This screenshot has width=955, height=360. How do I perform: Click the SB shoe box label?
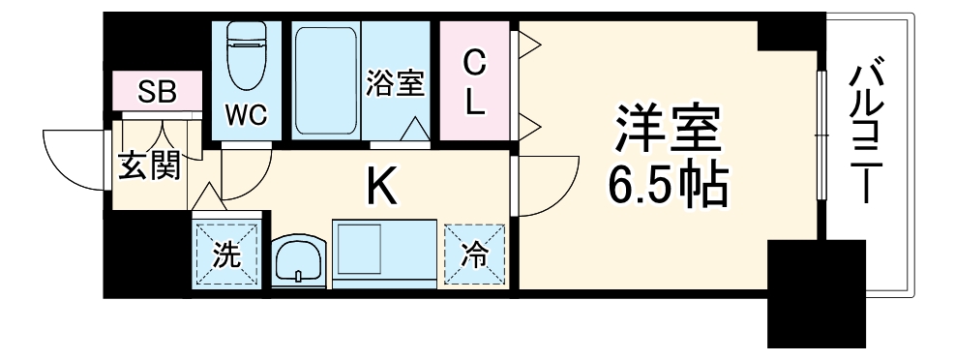(x=156, y=92)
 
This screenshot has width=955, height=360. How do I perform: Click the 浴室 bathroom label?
(x=395, y=84)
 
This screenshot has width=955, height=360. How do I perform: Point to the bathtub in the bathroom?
(x=326, y=82)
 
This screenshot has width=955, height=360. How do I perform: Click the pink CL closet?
(x=473, y=83)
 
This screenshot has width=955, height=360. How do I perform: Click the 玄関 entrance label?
(x=149, y=166)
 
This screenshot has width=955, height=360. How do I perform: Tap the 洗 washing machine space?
(x=226, y=255)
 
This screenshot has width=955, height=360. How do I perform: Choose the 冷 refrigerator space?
(x=475, y=255)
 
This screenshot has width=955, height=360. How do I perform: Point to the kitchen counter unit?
(x=382, y=253)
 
